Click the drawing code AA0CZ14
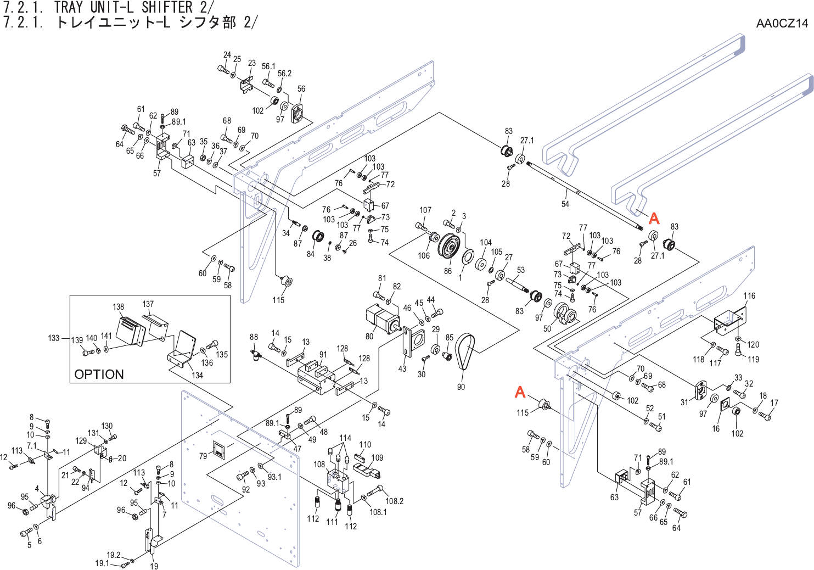(782, 23)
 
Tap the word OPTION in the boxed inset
(99, 375)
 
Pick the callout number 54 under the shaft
(565, 204)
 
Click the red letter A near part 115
(520, 392)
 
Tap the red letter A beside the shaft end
(654, 219)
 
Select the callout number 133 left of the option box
(53, 338)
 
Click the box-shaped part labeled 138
(131, 331)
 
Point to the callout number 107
(425, 210)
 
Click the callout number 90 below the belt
(461, 387)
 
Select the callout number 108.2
(394, 501)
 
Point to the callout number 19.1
(102, 563)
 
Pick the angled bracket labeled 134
(182, 351)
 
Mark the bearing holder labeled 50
(564, 314)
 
